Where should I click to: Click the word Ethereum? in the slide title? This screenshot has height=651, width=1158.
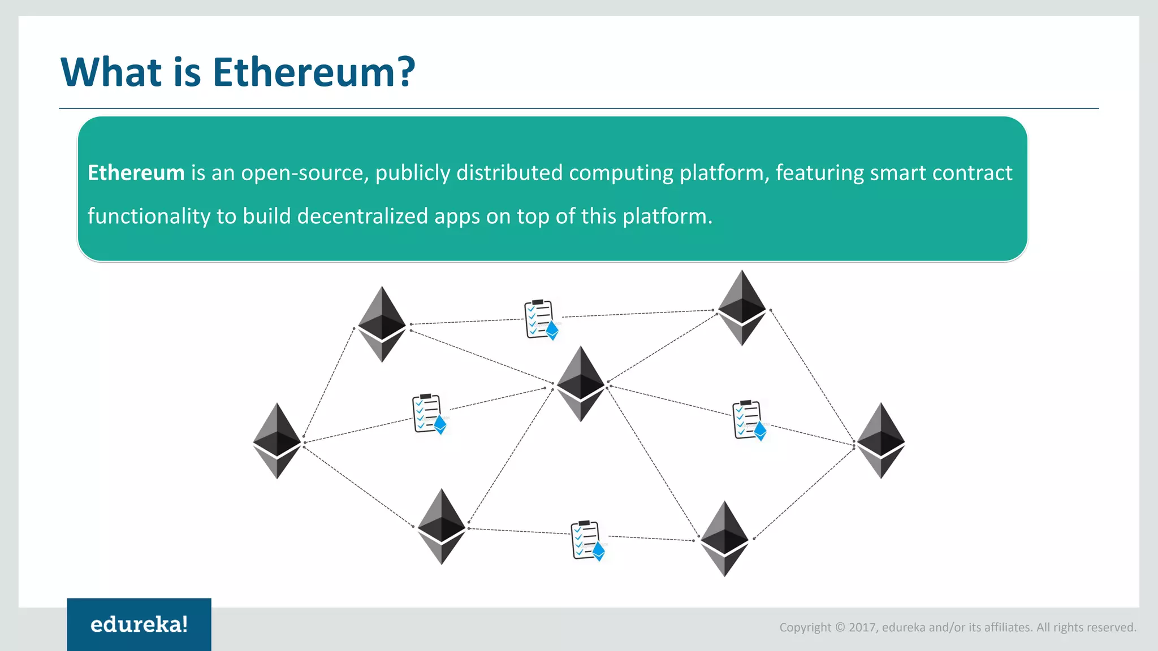pos(313,72)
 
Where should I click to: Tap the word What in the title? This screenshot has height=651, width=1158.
pos(111,72)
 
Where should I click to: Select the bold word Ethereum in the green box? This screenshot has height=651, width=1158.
pos(136,173)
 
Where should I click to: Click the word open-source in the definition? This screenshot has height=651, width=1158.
pos(305,173)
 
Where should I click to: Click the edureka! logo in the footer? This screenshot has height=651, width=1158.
pos(139,624)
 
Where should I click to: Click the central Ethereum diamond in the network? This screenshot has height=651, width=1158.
pos(581,384)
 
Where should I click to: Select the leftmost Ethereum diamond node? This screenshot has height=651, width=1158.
pos(277,441)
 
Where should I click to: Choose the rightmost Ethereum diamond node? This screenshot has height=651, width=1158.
pos(881,441)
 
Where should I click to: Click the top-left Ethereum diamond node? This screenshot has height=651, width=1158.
pos(382,324)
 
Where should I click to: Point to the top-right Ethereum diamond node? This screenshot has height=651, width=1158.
pos(742,308)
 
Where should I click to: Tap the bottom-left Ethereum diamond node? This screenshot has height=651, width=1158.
pos(442,527)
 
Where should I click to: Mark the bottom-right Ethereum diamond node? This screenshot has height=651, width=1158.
pos(724,539)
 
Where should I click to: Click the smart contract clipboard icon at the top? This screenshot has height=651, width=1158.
pos(541,320)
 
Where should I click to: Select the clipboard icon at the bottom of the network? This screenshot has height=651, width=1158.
pos(587,540)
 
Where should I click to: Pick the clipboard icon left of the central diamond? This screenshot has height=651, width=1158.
pos(429,414)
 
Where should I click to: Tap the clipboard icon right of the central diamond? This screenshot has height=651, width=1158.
pos(749,420)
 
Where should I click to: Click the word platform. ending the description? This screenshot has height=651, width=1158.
pos(667,216)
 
